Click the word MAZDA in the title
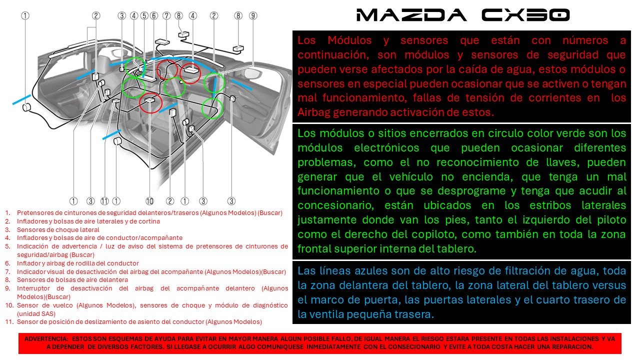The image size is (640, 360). pos(411,15)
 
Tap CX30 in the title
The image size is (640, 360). pos(525,15)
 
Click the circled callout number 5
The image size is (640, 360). pos(144,15)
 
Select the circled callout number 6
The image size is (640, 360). pos(153,15)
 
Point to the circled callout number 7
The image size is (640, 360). pos(166,15)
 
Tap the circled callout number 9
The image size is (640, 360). pos(253,15)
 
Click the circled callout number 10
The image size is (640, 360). pos(149,201)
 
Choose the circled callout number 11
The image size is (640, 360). pos(104,201)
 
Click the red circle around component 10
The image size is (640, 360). pos(150,103)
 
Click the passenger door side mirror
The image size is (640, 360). pos(252,74)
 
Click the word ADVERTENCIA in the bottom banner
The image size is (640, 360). pos(45,338)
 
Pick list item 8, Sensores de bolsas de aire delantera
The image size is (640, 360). pos(72,280)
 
